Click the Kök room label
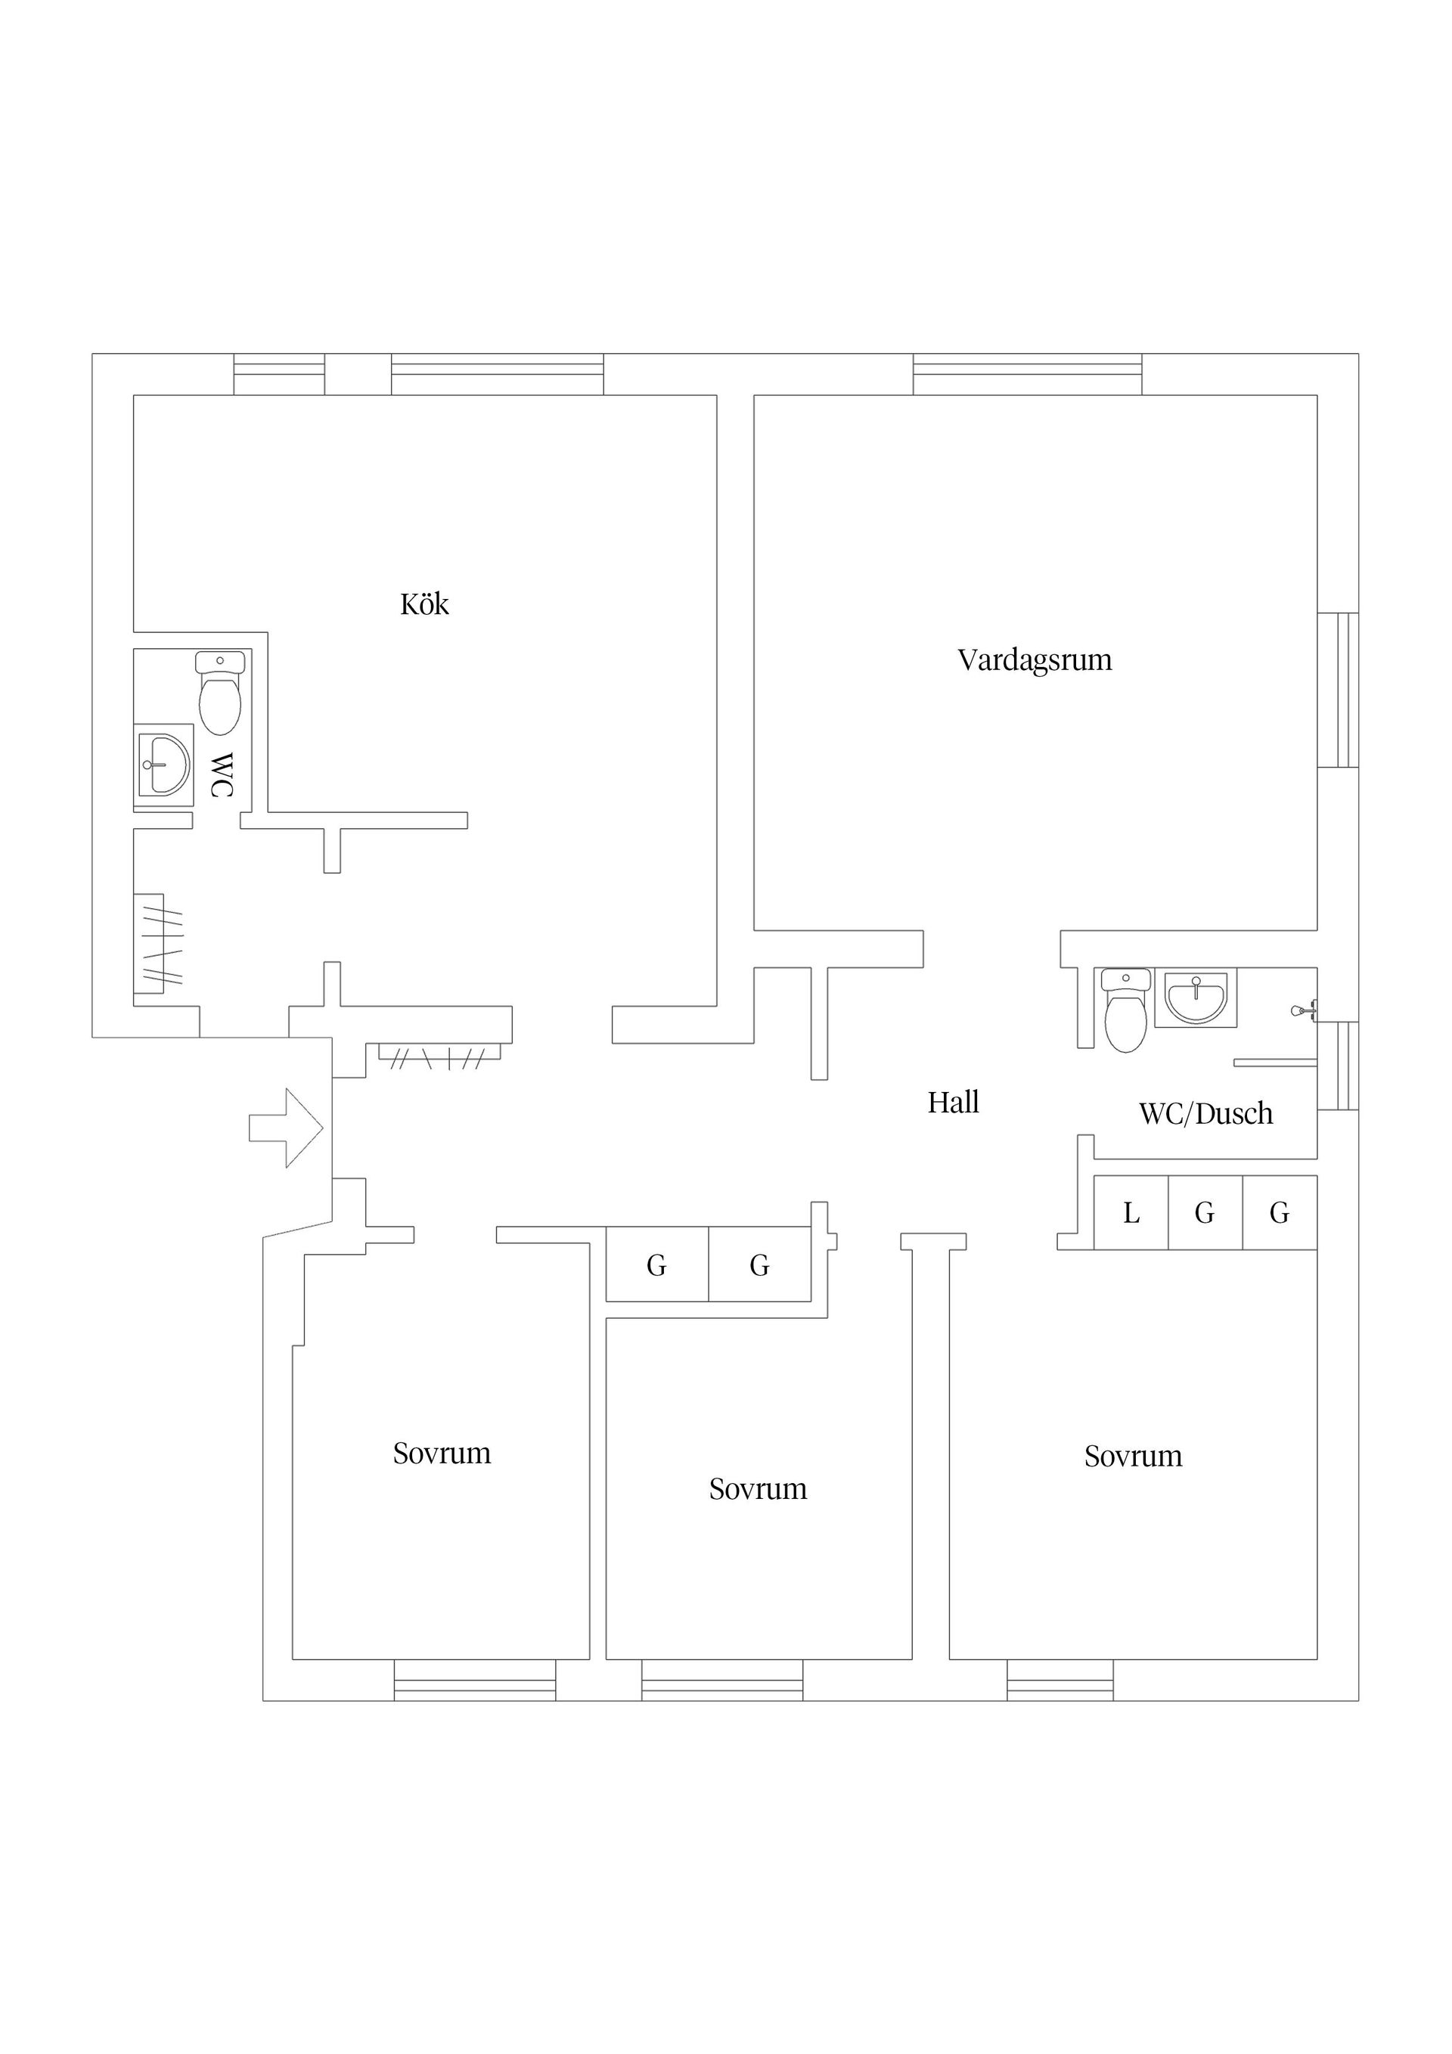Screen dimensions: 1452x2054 424,605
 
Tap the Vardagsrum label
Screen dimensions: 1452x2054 1035,660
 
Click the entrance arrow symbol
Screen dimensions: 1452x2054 285,1128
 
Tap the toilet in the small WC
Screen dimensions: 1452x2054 220,693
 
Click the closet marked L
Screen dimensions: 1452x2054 1131,1212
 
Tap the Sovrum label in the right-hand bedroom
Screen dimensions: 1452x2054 1133,1457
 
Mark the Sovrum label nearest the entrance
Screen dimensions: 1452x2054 442,1453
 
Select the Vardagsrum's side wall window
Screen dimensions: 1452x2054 1338,690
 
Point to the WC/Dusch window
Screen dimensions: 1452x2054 1338,1066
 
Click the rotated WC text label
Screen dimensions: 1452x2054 221,774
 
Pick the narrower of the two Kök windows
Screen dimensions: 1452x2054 279,374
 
